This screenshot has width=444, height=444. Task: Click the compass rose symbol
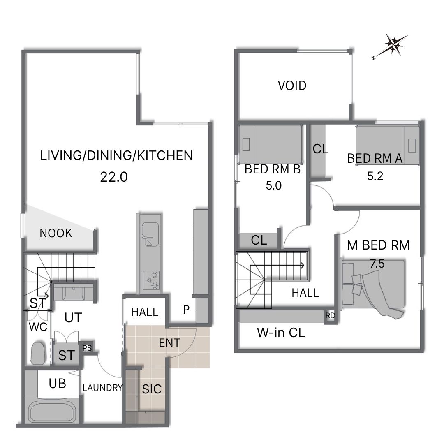[393, 45]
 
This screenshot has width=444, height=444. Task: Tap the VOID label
[292, 86]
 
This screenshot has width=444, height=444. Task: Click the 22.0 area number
[114, 177]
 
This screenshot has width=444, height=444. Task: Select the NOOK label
[56, 233]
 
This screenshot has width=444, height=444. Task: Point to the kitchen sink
[150, 234]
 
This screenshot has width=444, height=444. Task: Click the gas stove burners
[152, 280]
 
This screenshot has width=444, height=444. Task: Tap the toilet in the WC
[38, 353]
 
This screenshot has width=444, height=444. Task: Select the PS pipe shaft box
[87, 347]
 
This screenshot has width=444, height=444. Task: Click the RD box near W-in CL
[330, 315]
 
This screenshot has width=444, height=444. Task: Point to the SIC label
[152, 389]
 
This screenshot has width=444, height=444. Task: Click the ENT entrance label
[169, 343]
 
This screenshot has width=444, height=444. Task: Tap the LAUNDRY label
[102, 387]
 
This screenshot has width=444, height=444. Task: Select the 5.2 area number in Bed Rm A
[375, 176]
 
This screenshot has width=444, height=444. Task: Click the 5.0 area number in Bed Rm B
[273, 185]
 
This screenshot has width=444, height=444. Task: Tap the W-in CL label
[281, 333]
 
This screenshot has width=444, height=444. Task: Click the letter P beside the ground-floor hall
[186, 310]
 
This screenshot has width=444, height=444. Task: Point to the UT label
[73, 318]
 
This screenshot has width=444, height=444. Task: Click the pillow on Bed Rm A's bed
[412, 146]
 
